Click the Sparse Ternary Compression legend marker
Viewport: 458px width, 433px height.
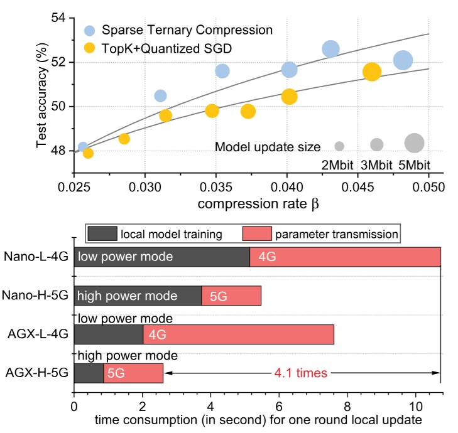90,30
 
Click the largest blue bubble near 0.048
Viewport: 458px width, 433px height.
403,60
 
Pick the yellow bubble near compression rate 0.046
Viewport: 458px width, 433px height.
372,72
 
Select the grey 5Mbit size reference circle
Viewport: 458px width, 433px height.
414,143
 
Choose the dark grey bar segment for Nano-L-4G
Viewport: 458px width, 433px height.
161,257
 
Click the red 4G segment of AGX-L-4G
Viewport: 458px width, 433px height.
238,334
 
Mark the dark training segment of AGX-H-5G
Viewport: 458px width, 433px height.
89,373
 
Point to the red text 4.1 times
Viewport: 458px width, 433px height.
301,373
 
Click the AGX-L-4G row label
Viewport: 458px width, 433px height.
36,334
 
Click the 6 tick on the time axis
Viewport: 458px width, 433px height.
279,406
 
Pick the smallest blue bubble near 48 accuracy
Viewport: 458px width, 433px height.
83,147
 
